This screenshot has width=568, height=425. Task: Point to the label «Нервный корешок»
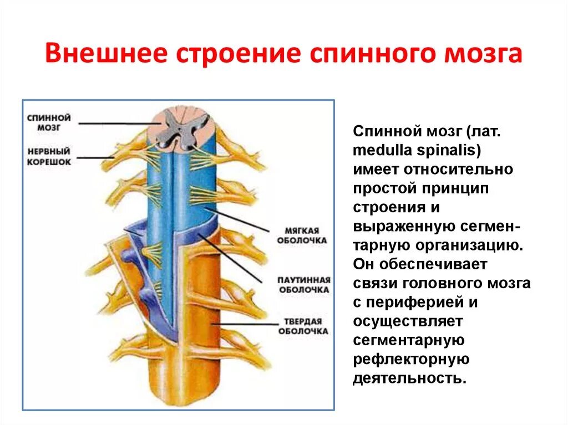(x=49, y=156)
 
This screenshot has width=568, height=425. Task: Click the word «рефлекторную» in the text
(x=411, y=360)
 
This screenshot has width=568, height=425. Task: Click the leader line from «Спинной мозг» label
(x=116, y=123)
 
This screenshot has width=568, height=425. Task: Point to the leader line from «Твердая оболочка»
(x=244, y=324)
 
